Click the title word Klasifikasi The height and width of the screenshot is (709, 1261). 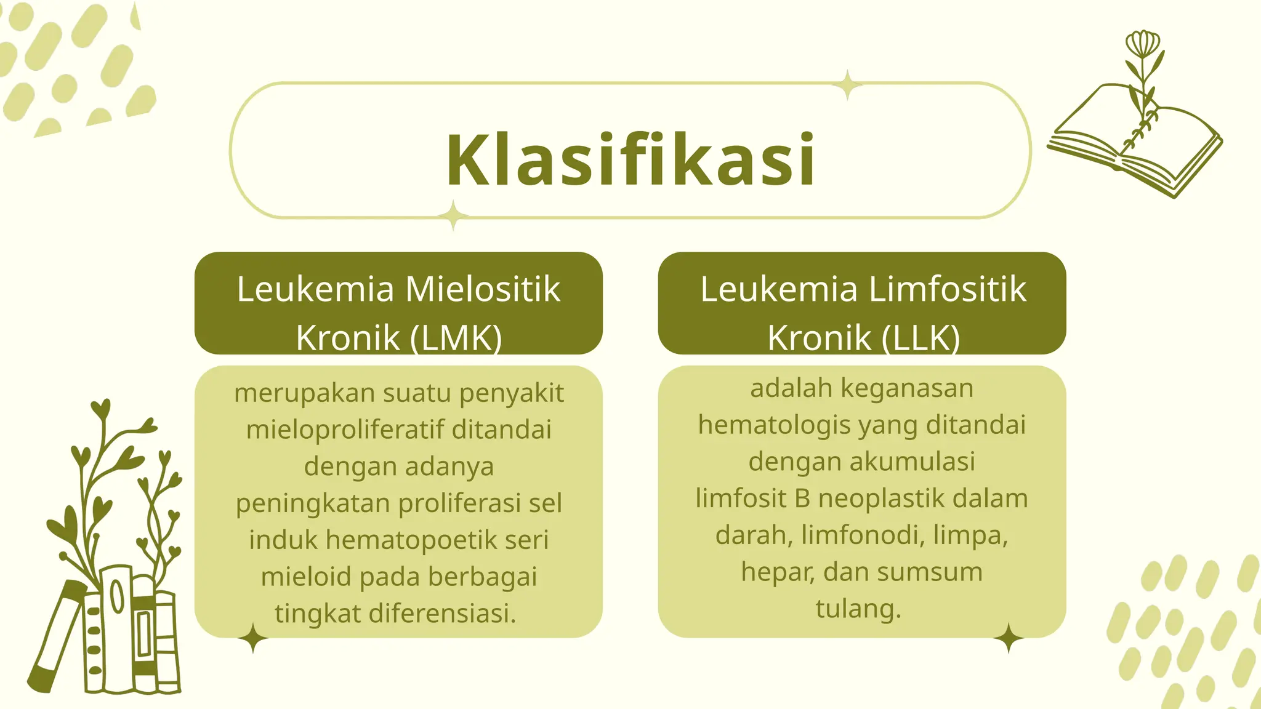pyautogui.click(x=630, y=160)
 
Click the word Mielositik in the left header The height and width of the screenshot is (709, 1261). pyautogui.click(x=483, y=289)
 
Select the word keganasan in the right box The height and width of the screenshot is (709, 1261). pyautogui.click(x=907, y=388)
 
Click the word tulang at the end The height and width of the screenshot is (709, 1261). pyautogui.click(x=858, y=609)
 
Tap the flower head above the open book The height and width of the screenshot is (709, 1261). pyautogui.click(x=1142, y=44)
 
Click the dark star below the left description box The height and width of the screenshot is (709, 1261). pyautogui.click(x=253, y=638)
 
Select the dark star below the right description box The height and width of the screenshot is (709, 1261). pyautogui.click(x=1009, y=638)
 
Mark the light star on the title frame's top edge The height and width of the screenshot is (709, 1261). pyautogui.click(x=847, y=85)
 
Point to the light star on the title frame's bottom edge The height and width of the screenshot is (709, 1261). pyautogui.click(x=454, y=215)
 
